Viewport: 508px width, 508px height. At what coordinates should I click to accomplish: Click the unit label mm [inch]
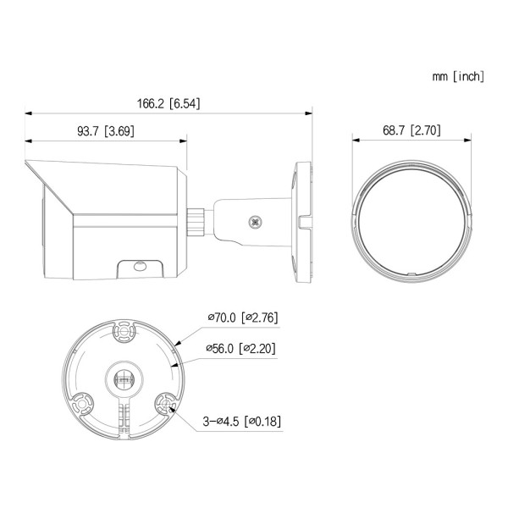click(458, 76)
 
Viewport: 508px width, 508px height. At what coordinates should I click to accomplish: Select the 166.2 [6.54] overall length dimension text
click(168, 104)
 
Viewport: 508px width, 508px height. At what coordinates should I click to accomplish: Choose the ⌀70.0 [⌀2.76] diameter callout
click(243, 317)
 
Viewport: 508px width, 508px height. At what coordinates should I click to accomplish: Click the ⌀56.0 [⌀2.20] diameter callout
click(241, 349)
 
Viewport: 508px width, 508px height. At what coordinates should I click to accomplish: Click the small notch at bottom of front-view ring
click(410, 273)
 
